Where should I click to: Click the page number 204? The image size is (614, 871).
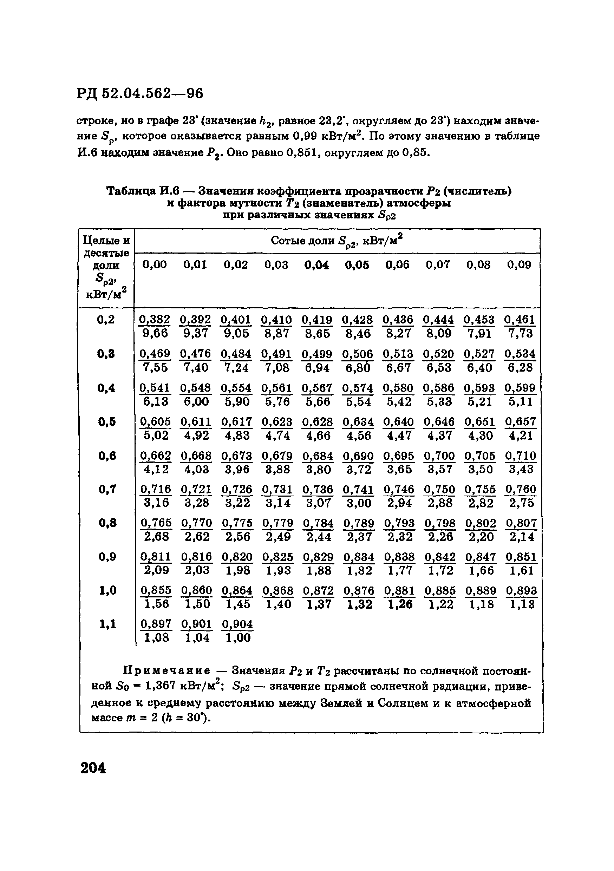[x=93, y=768]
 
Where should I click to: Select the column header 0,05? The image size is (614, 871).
[x=357, y=265]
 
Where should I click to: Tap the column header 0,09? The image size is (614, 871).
[x=519, y=265]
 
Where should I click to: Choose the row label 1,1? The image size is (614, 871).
[x=107, y=624]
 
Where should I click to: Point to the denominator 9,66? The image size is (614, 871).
[x=155, y=333]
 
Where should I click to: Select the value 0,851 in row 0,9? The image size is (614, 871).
[x=521, y=557]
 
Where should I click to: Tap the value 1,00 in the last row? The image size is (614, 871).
[x=238, y=638]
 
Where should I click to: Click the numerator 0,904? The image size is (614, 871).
[x=237, y=624]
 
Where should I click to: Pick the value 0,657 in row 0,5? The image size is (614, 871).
[x=520, y=422]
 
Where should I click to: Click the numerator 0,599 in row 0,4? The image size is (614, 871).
[x=520, y=388]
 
